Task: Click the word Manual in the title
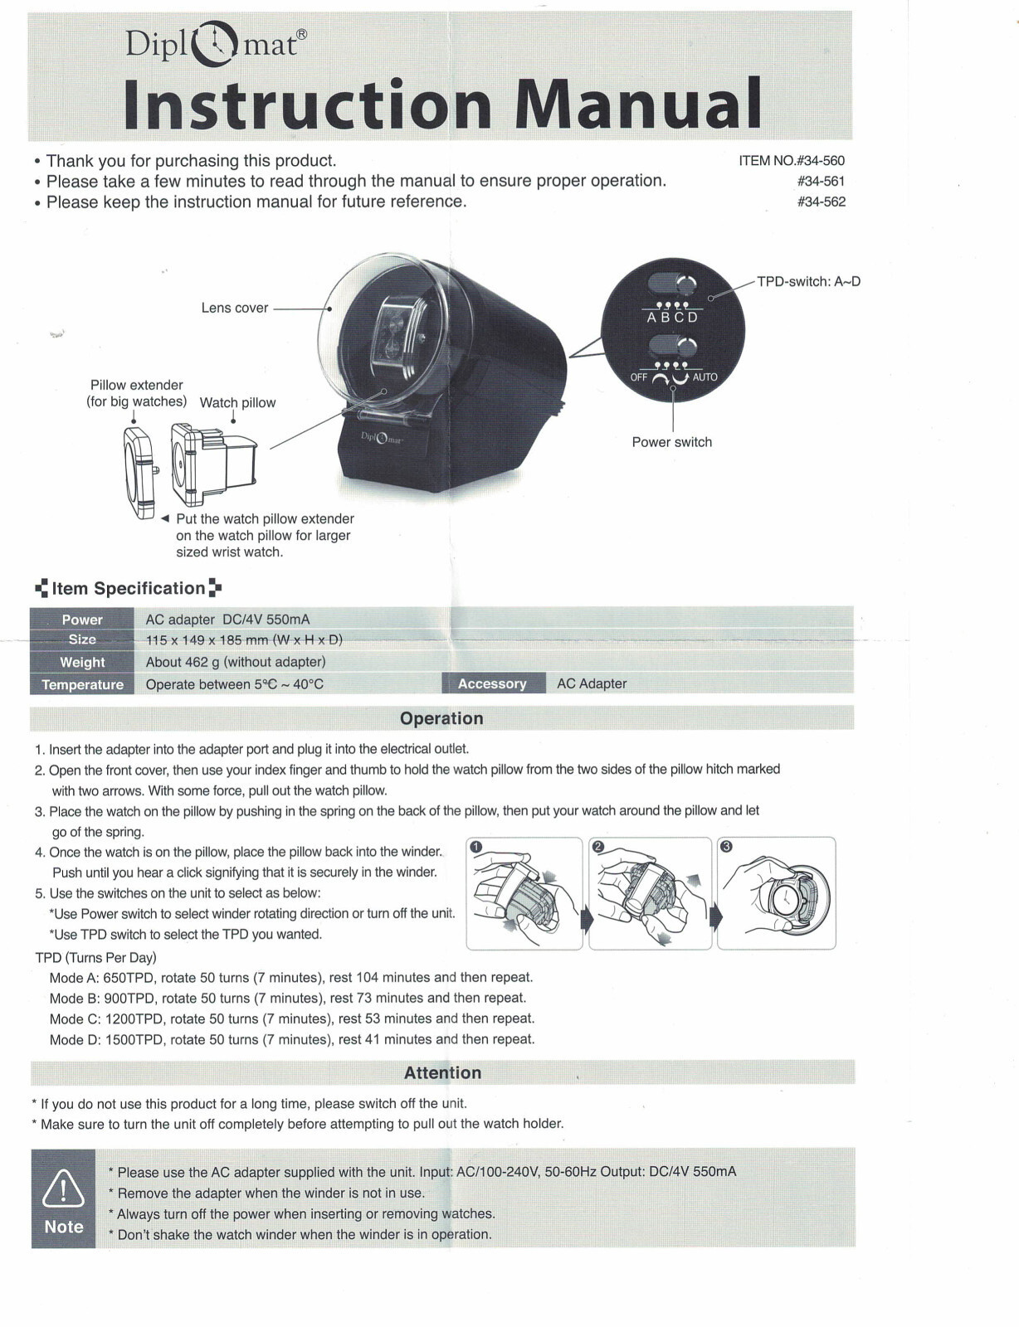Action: [x=637, y=105]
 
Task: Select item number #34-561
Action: [x=821, y=181]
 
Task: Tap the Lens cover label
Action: [x=235, y=308]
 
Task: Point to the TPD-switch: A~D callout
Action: [x=808, y=281]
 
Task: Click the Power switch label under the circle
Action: [x=671, y=442]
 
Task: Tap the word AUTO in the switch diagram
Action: [x=705, y=377]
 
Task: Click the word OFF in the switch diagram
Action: [x=638, y=377]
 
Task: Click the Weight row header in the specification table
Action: [x=82, y=662]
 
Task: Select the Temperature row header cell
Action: [x=82, y=684]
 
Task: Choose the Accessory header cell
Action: [x=492, y=683]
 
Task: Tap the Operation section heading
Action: [x=441, y=718]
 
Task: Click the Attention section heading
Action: [x=442, y=1072]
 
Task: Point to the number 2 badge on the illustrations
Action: [x=599, y=847]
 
